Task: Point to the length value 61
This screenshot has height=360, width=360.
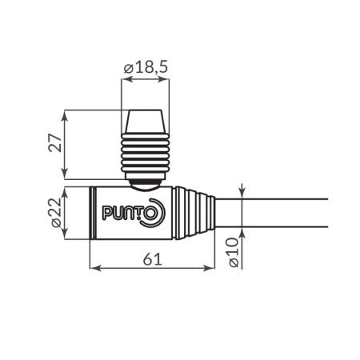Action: (x=152, y=258)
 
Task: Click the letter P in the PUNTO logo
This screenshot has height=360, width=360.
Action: (x=106, y=214)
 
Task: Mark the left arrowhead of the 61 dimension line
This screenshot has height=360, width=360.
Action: (x=92, y=269)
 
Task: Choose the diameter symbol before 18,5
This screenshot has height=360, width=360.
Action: (x=128, y=70)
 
